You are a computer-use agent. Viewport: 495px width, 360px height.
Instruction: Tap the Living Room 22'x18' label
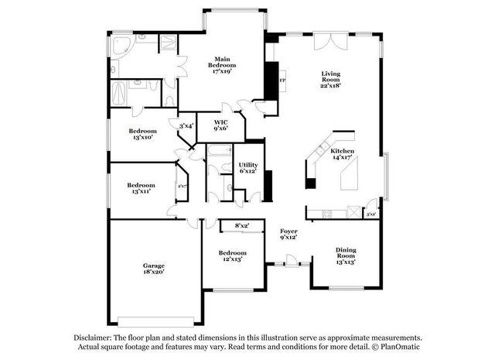coord(331,79)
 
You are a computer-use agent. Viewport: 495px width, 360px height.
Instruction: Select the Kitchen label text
coord(342,154)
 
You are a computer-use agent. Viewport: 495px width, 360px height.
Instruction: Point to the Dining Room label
coord(346,256)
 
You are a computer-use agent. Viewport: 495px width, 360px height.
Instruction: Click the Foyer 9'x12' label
coord(288,234)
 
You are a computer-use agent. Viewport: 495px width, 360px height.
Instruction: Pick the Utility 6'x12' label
coord(248,168)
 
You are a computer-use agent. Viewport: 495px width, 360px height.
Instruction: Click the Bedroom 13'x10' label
coord(142,134)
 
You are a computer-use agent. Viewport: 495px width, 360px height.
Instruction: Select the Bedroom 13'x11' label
coord(141,188)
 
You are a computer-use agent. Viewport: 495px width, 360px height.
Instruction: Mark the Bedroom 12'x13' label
coord(232,256)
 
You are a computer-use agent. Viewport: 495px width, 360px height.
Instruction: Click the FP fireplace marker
coord(282,81)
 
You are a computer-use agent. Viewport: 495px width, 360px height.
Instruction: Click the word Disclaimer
coord(94,338)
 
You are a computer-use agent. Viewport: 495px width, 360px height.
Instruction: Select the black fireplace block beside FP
coord(271,80)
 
